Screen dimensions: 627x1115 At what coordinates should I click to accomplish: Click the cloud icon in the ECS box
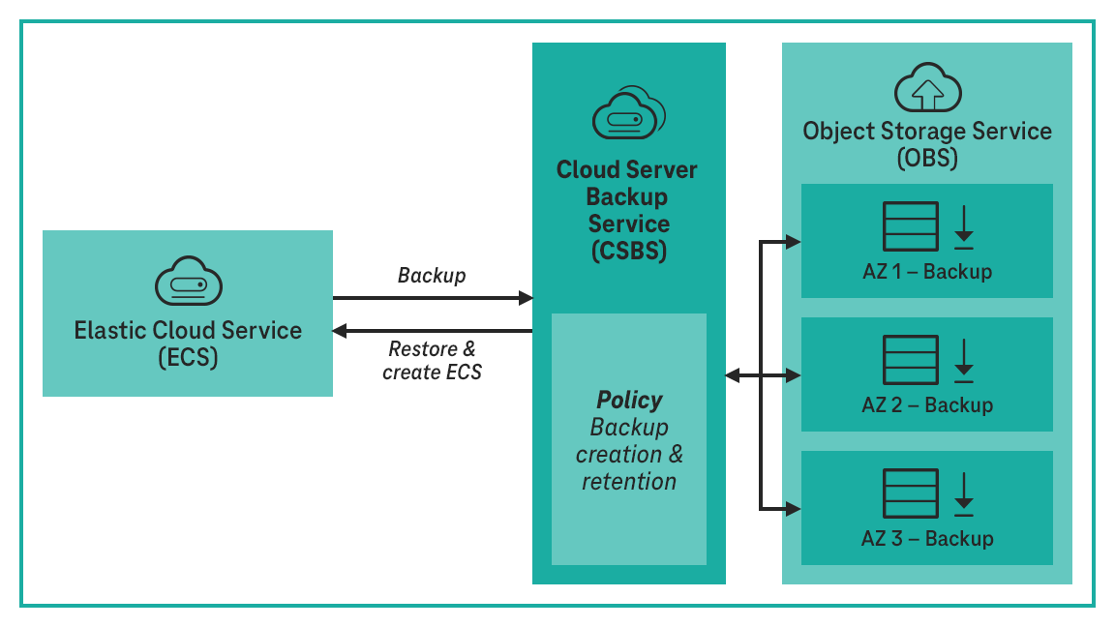(188, 283)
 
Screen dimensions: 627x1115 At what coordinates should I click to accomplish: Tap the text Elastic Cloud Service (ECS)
(188, 343)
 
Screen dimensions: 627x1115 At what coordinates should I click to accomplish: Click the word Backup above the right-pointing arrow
(432, 276)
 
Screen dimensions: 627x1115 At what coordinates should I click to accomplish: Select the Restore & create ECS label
(432, 360)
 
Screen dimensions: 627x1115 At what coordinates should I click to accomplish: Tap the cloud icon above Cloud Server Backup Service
(629, 114)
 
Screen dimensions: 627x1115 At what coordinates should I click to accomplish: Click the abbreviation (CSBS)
(628, 251)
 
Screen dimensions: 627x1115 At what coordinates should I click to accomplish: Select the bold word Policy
(629, 401)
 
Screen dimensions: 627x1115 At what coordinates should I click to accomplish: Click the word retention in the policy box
(629, 481)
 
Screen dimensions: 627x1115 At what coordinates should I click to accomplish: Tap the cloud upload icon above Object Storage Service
(927, 90)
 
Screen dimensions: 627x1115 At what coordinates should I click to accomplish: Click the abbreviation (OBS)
(927, 158)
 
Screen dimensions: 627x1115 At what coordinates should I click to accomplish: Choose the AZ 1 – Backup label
(927, 271)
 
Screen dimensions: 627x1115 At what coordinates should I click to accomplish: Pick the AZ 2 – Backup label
(927, 404)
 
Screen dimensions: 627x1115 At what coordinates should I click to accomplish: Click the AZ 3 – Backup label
(927, 538)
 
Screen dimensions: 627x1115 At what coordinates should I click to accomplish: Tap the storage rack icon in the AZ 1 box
(910, 227)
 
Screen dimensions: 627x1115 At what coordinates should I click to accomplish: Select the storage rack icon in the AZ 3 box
(910, 493)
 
